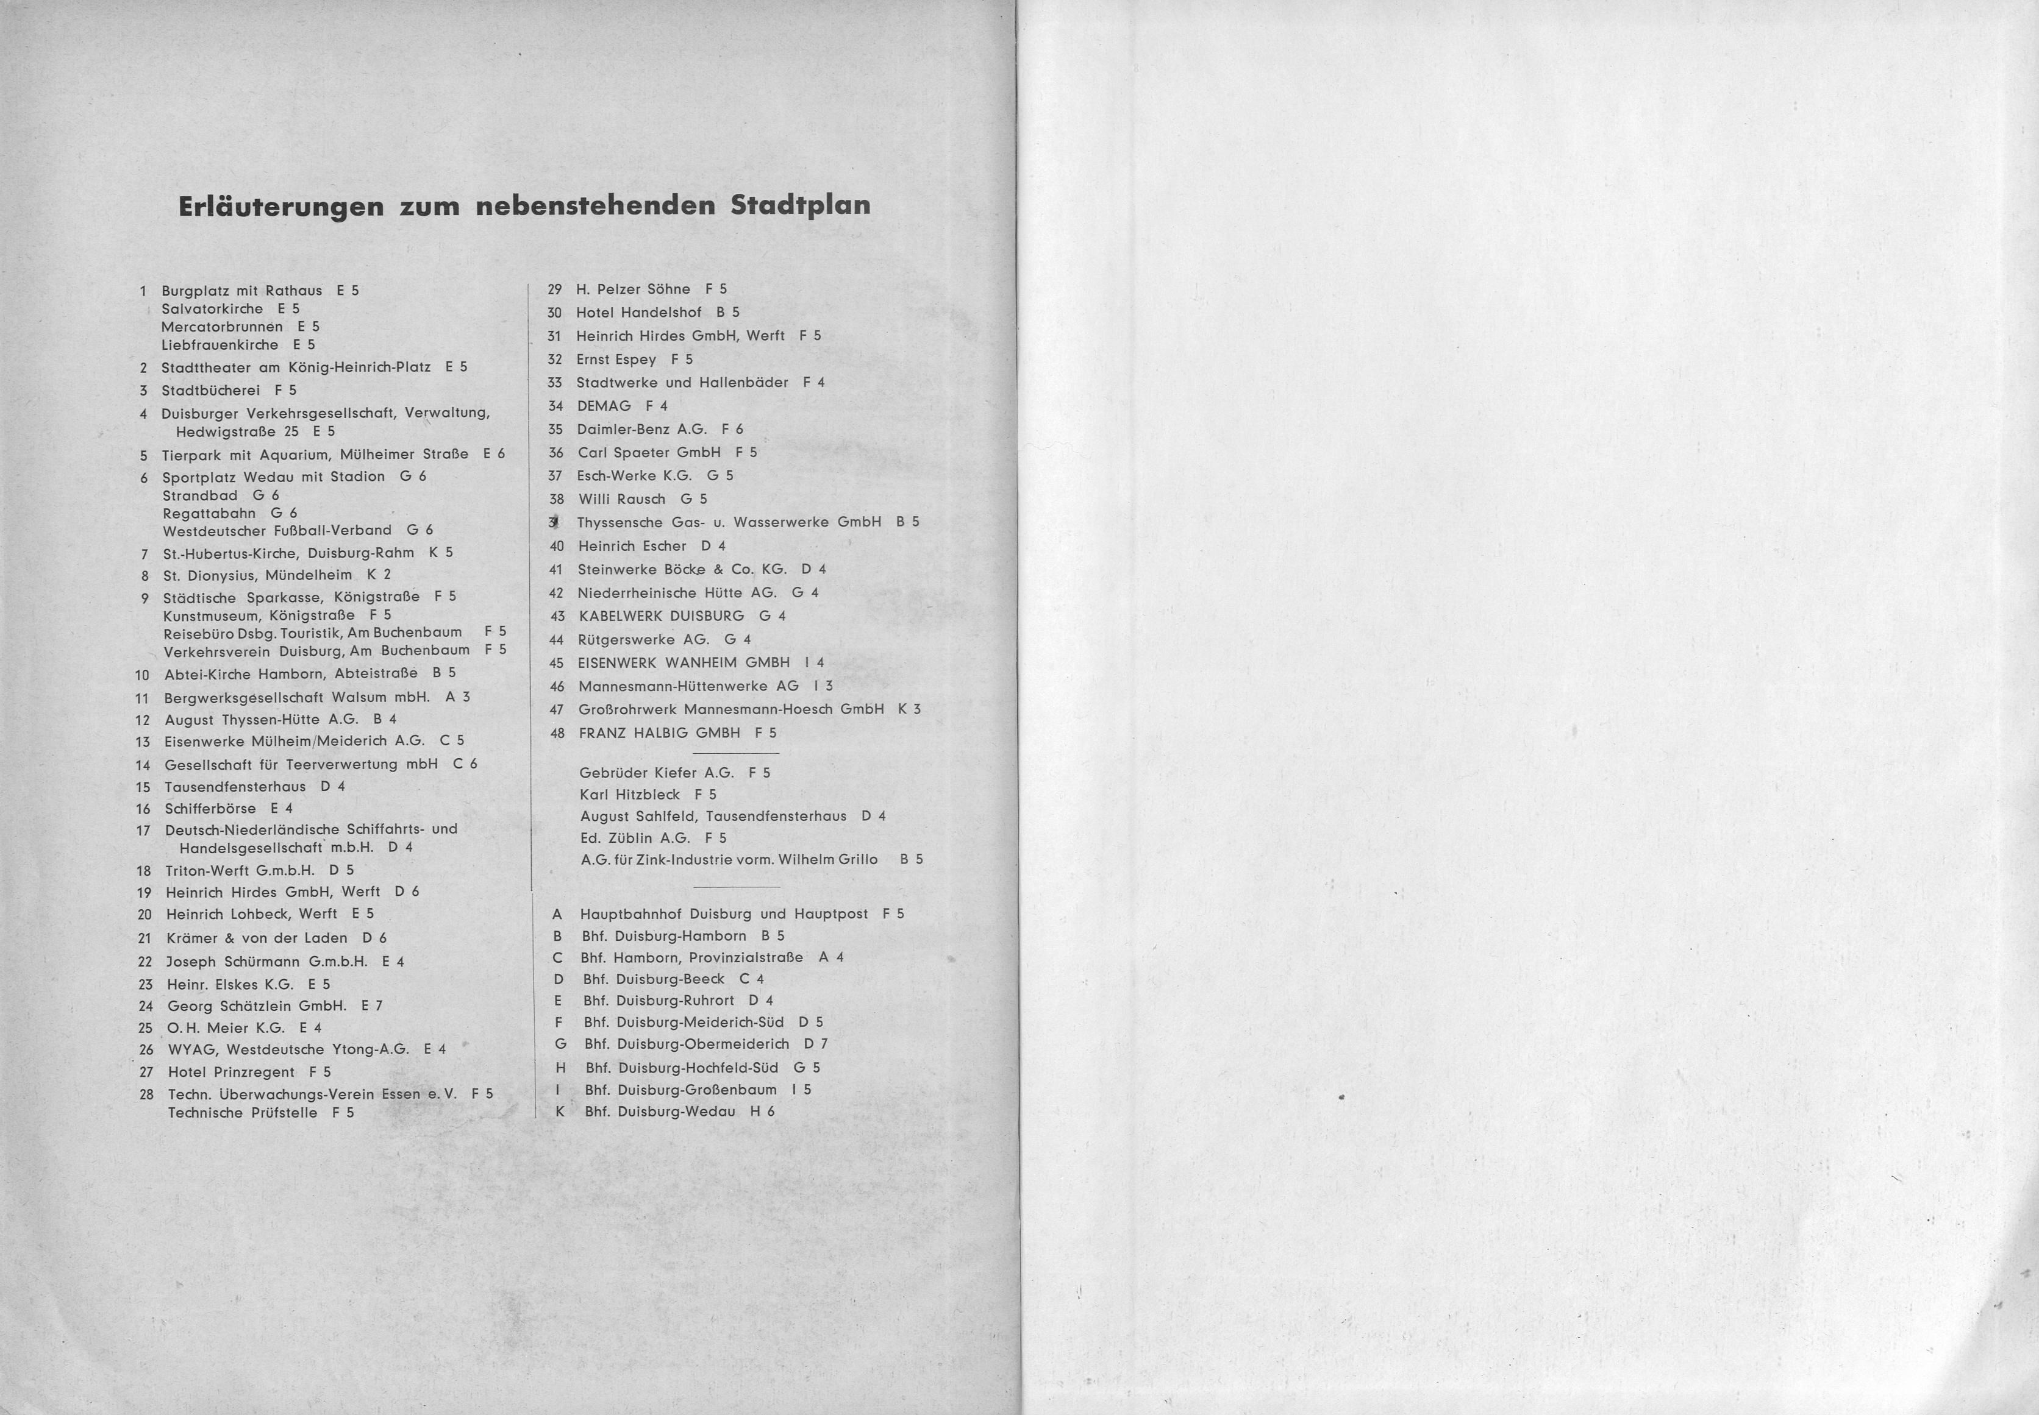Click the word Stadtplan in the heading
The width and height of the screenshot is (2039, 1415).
click(800, 207)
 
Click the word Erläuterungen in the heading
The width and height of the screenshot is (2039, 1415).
click(281, 207)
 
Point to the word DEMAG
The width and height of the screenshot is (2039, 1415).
click(604, 406)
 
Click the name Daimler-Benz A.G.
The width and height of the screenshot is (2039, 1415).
click(641, 429)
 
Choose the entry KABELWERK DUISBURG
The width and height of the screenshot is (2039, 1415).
click(661, 616)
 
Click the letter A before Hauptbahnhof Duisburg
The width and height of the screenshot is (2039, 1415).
click(557, 914)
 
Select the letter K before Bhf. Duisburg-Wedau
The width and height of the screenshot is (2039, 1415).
click(560, 1112)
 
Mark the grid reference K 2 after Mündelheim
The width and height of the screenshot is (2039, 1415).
click(379, 575)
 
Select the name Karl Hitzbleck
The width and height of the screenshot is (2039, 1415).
click(630, 795)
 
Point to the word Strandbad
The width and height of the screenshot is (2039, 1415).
click(199, 495)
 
